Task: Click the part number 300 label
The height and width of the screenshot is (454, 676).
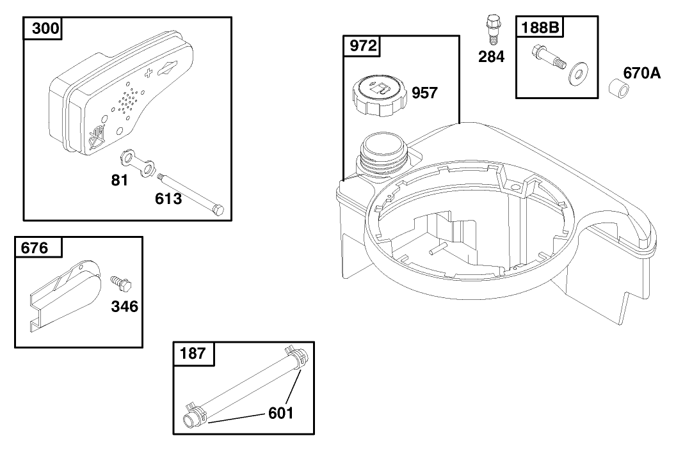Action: point(45,28)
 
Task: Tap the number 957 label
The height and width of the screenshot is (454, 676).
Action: point(424,93)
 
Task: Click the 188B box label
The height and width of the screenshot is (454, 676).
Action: point(540,27)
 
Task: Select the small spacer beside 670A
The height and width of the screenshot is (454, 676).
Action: point(618,88)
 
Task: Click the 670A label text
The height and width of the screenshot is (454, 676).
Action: point(642,73)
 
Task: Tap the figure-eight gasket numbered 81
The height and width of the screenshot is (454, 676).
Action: point(137,162)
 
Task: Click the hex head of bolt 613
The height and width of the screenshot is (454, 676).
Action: point(218,210)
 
